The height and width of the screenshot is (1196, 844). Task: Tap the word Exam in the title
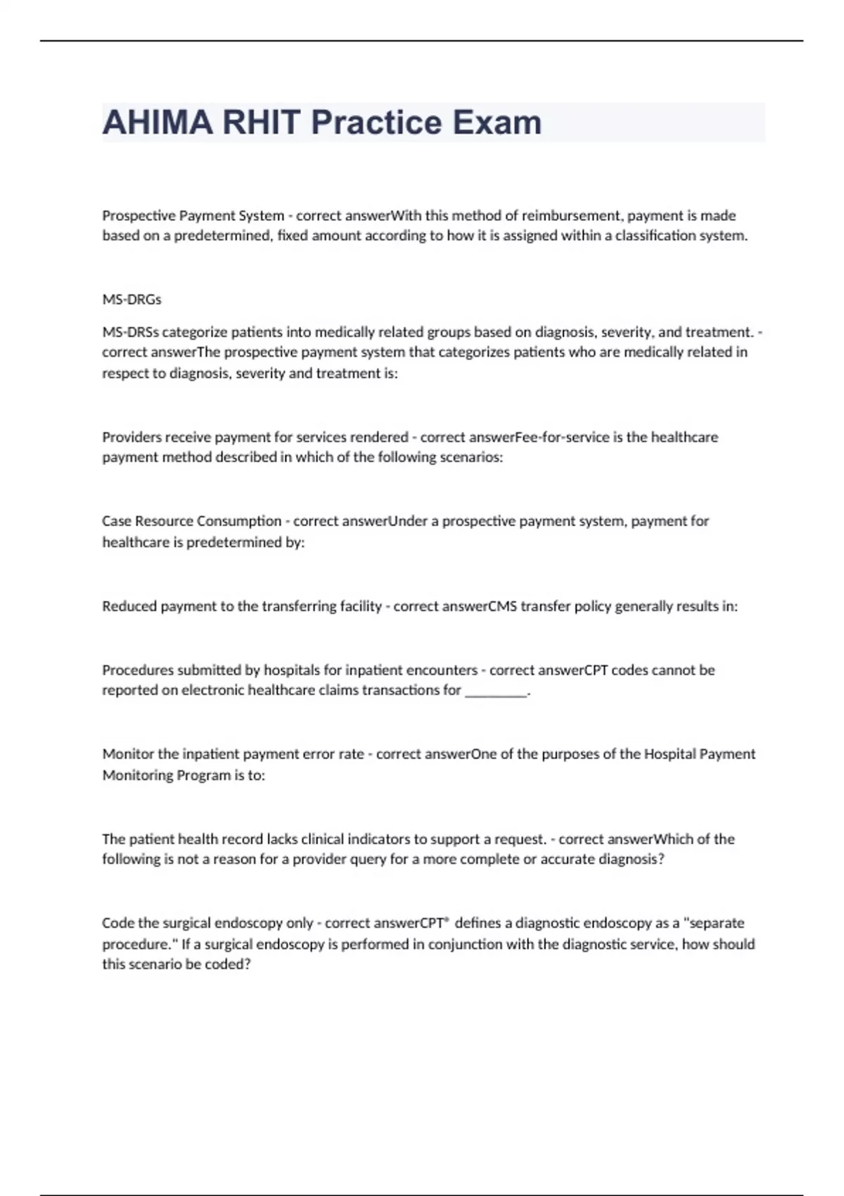coord(497,122)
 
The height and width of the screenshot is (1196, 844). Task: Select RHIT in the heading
coord(262,122)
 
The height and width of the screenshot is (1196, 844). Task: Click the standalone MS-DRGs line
coord(132,300)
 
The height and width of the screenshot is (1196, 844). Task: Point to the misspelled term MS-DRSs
coord(130,332)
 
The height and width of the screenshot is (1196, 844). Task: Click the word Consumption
coord(239,521)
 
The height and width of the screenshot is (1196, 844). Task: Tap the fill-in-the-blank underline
coord(497,692)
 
